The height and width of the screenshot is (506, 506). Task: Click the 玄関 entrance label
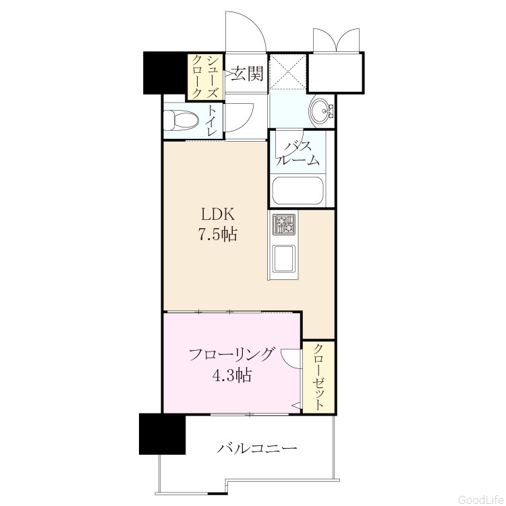248,74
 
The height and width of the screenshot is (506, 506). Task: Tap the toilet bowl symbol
181,120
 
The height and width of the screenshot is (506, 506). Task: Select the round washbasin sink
321,111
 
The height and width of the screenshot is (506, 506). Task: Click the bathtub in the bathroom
298,190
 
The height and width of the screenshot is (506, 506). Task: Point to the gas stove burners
284,223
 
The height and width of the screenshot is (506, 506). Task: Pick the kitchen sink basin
284,258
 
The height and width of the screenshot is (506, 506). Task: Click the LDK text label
218,214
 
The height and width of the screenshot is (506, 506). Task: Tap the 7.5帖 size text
217,234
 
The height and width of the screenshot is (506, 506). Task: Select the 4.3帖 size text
232,375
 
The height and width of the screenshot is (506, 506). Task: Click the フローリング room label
232,355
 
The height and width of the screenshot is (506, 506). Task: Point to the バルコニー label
256,448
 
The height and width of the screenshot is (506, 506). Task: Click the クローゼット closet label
318,377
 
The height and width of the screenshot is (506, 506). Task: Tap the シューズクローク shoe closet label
205,77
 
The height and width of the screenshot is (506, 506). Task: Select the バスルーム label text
298,153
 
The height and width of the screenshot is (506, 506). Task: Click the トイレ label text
212,120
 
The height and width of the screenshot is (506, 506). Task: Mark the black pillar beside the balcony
163,434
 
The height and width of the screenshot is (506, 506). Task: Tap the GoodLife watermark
480,499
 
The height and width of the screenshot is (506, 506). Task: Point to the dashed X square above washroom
287,71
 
